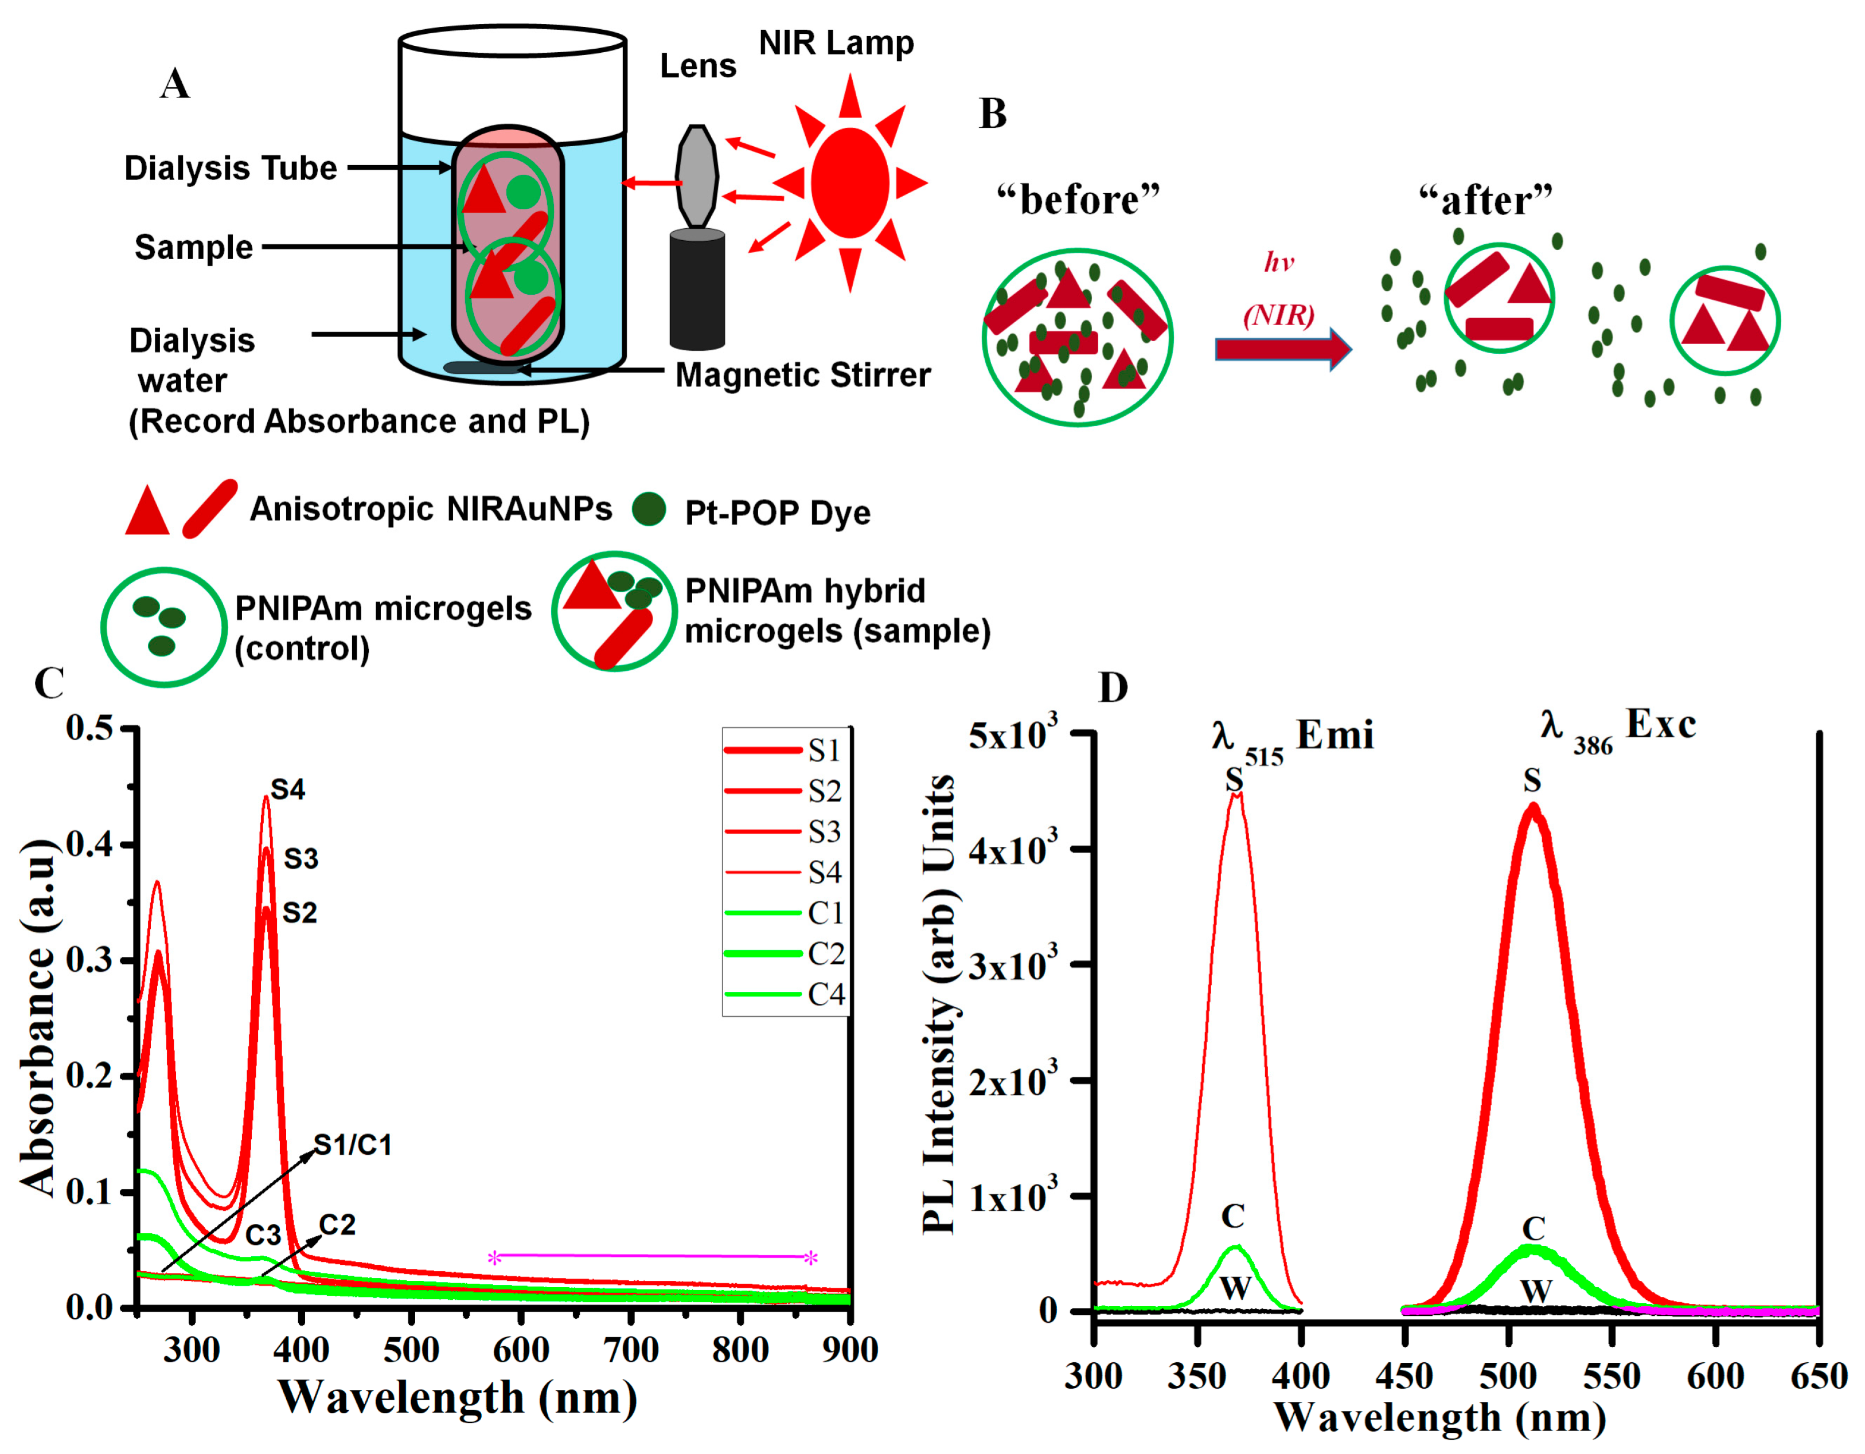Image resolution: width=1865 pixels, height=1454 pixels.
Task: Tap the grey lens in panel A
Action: point(696,176)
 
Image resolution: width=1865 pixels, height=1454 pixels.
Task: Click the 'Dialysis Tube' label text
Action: point(231,168)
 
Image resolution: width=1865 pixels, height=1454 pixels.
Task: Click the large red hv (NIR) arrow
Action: point(1282,349)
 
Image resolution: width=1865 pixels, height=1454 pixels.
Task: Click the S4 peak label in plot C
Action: point(288,789)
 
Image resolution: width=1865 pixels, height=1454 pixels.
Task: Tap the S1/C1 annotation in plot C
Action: point(353,1145)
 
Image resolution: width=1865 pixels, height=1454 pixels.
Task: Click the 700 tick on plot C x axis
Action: point(630,1350)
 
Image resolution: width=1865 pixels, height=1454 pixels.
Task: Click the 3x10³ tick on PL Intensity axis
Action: point(1013,966)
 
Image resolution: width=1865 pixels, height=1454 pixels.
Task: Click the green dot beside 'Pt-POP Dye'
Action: point(649,509)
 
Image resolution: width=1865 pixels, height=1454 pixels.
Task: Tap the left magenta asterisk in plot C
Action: point(494,1257)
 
